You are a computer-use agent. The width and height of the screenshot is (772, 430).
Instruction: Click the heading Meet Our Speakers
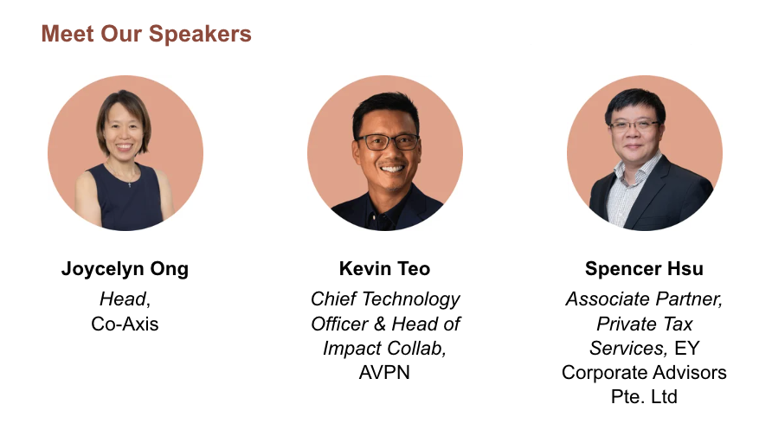(x=146, y=35)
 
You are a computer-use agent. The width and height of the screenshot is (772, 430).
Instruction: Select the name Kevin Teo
(x=384, y=268)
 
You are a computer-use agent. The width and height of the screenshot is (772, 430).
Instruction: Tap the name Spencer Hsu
(x=644, y=269)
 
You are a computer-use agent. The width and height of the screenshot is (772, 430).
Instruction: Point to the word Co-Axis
(x=125, y=324)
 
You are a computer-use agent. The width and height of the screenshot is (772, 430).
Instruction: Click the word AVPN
(x=384, y=372)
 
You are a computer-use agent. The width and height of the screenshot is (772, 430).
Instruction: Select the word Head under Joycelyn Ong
(x=123, y=298)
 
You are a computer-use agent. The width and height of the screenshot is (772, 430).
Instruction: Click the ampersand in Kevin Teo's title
(x=380, y=324)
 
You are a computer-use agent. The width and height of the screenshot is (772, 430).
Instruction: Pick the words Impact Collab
(x=383, y=349)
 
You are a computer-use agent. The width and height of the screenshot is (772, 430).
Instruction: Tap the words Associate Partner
(x=643, y=299)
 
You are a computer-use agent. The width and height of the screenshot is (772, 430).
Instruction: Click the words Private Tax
(x=645, y=324)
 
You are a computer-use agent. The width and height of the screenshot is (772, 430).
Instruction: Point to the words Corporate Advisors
(x=644, y=373)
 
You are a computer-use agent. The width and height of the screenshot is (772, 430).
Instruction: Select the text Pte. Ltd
(x=644, y=396)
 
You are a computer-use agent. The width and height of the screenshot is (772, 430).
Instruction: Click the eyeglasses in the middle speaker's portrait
(x=388, y=142)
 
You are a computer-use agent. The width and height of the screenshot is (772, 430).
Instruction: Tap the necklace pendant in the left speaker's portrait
(x=130, y=184)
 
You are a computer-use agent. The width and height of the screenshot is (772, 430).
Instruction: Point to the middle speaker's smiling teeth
(x=392, y=170)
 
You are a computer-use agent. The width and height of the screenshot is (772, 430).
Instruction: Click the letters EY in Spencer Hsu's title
(x=686, y=349)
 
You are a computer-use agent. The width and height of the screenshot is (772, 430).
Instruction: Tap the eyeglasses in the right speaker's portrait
(x=634, y=126)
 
